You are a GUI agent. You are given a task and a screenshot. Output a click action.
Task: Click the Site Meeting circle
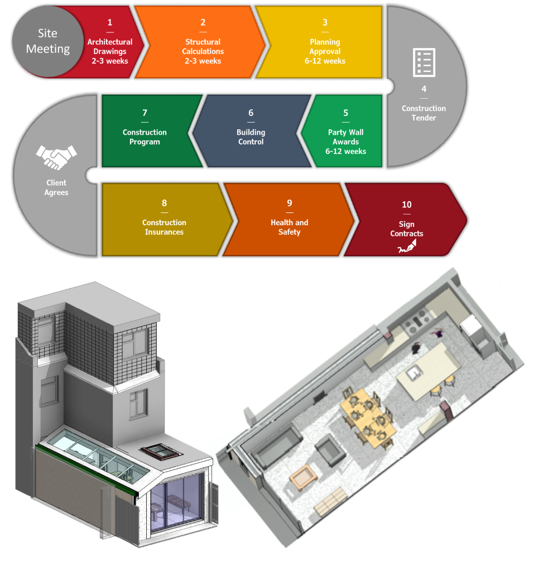tap(47, 42)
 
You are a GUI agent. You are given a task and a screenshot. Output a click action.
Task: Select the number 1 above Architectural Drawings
tap(110, 22)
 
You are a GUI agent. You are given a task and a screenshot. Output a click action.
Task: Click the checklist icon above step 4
tap(424, 62)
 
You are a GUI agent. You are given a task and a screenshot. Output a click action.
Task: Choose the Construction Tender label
tap(424, 113)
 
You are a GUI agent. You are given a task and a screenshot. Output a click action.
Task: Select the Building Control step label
tap(251, 137)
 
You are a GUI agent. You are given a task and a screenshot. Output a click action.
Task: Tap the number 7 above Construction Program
tap(145, 113)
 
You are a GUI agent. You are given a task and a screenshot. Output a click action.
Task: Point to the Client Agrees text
tap(56, 187)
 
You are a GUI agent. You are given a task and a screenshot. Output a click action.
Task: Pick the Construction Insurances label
tap(164, 227)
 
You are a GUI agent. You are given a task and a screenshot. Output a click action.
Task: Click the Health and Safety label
tap(289, 227)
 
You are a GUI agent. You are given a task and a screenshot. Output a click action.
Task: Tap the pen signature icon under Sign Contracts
tap(406, 248)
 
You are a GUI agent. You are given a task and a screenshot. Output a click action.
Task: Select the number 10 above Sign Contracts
tap(406, 205)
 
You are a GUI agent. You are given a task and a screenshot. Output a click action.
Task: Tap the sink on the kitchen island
tap(414, 372)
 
